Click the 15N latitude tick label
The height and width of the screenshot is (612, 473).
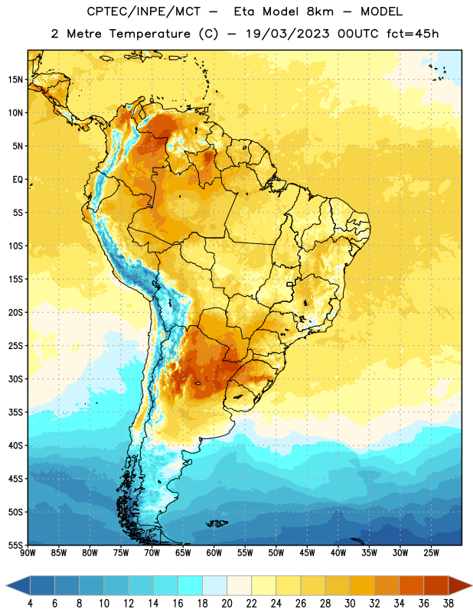pos(15,80)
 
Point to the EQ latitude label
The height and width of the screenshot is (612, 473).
pos(18,180)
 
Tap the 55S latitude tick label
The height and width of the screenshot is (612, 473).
pos(15,545)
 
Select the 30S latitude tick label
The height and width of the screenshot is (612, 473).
pos(15,379)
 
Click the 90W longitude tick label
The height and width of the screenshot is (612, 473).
pos(28,553)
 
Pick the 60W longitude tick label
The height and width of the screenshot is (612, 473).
pos(214,553)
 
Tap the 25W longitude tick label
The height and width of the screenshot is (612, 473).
pos(431,553)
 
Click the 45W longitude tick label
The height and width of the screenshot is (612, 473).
pos(307,553)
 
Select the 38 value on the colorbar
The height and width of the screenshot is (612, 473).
pos(449,604)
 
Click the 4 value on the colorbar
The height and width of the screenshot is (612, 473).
pos(30,604)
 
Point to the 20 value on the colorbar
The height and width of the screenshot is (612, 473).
pos(227,604)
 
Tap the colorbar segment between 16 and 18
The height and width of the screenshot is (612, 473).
pos(191,585)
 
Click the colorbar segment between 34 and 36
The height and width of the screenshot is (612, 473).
pos(411,585)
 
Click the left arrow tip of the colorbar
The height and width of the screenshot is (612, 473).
pos(6,585)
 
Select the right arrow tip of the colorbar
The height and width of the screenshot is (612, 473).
pos(471,585)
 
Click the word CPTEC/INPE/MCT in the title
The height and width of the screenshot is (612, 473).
pos(144,11)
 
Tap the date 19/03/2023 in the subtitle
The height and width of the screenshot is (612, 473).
pos(288,34)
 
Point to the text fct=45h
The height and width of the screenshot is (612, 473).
pos(413,34)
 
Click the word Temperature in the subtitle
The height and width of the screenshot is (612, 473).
pos(149,34)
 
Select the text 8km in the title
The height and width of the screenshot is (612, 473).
pos(320,11)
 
